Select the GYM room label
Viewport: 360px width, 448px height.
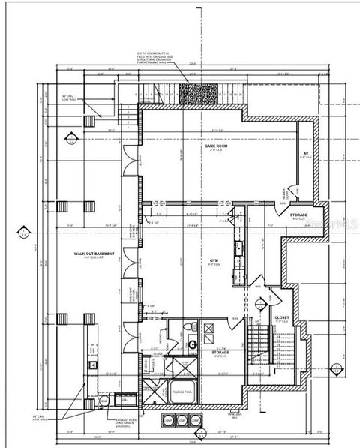[214, 260]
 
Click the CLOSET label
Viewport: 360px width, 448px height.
[282, 317]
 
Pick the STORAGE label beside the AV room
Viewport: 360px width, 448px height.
[298, 215]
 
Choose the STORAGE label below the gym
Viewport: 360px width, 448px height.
[220, 351]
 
